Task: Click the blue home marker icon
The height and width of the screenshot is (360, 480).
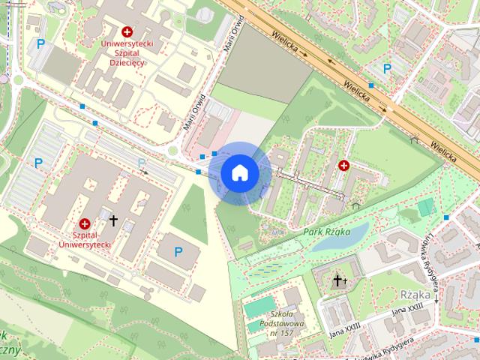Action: (239, 172)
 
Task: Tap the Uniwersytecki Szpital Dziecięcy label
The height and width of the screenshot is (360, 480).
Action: (127, 53)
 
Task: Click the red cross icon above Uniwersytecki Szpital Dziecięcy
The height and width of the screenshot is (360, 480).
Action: (127, 32)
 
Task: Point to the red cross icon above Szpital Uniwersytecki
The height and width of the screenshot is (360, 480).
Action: (84, 223)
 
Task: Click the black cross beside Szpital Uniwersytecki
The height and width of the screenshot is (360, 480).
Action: (114, 220)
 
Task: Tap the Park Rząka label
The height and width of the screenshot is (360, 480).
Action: (328, 232)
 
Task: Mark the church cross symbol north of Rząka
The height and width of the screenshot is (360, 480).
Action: (339, 281)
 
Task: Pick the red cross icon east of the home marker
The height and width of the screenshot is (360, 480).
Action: (343, 165)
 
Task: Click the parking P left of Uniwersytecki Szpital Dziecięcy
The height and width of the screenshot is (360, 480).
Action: (40, 44)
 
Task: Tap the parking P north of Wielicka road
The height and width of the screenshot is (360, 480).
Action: (387, 68)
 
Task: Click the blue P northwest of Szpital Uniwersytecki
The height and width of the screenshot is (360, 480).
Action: (38, 162)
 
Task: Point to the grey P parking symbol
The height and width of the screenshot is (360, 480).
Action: (141, 163)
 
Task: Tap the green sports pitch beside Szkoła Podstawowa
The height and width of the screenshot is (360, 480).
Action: (259, 308)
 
